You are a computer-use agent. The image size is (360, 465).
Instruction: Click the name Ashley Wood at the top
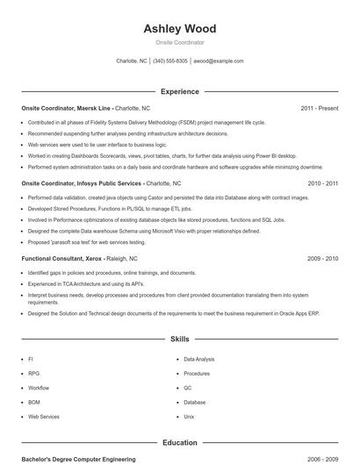[179, 28]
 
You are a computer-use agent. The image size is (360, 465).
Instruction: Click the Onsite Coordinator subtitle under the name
[179, 42]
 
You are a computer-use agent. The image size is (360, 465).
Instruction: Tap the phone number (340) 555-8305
[170, 61]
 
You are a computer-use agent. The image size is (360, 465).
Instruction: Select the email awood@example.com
[219, 61]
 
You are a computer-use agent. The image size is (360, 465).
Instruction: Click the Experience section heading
[179, 91]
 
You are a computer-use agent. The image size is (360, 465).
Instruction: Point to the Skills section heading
[179, 338]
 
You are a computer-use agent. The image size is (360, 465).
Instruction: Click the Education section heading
[179, 443]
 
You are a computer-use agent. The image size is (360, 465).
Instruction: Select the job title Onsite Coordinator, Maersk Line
[66, 109]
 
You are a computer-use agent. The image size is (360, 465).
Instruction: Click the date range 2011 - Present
[319, 109]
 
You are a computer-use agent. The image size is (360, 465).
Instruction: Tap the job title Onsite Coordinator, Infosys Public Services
[82, 184]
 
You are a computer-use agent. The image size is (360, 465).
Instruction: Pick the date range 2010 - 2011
[323, 184]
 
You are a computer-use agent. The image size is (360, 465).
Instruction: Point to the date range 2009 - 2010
[323, 260]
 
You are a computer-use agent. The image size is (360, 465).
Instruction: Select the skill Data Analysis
[199, 359]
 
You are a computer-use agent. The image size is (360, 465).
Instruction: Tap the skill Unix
[189, 417]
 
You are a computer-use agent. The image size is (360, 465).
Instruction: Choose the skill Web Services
[44, 417]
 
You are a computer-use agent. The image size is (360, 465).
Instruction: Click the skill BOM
[33, 402]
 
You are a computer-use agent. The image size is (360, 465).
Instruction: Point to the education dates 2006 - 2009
[323, 459]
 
